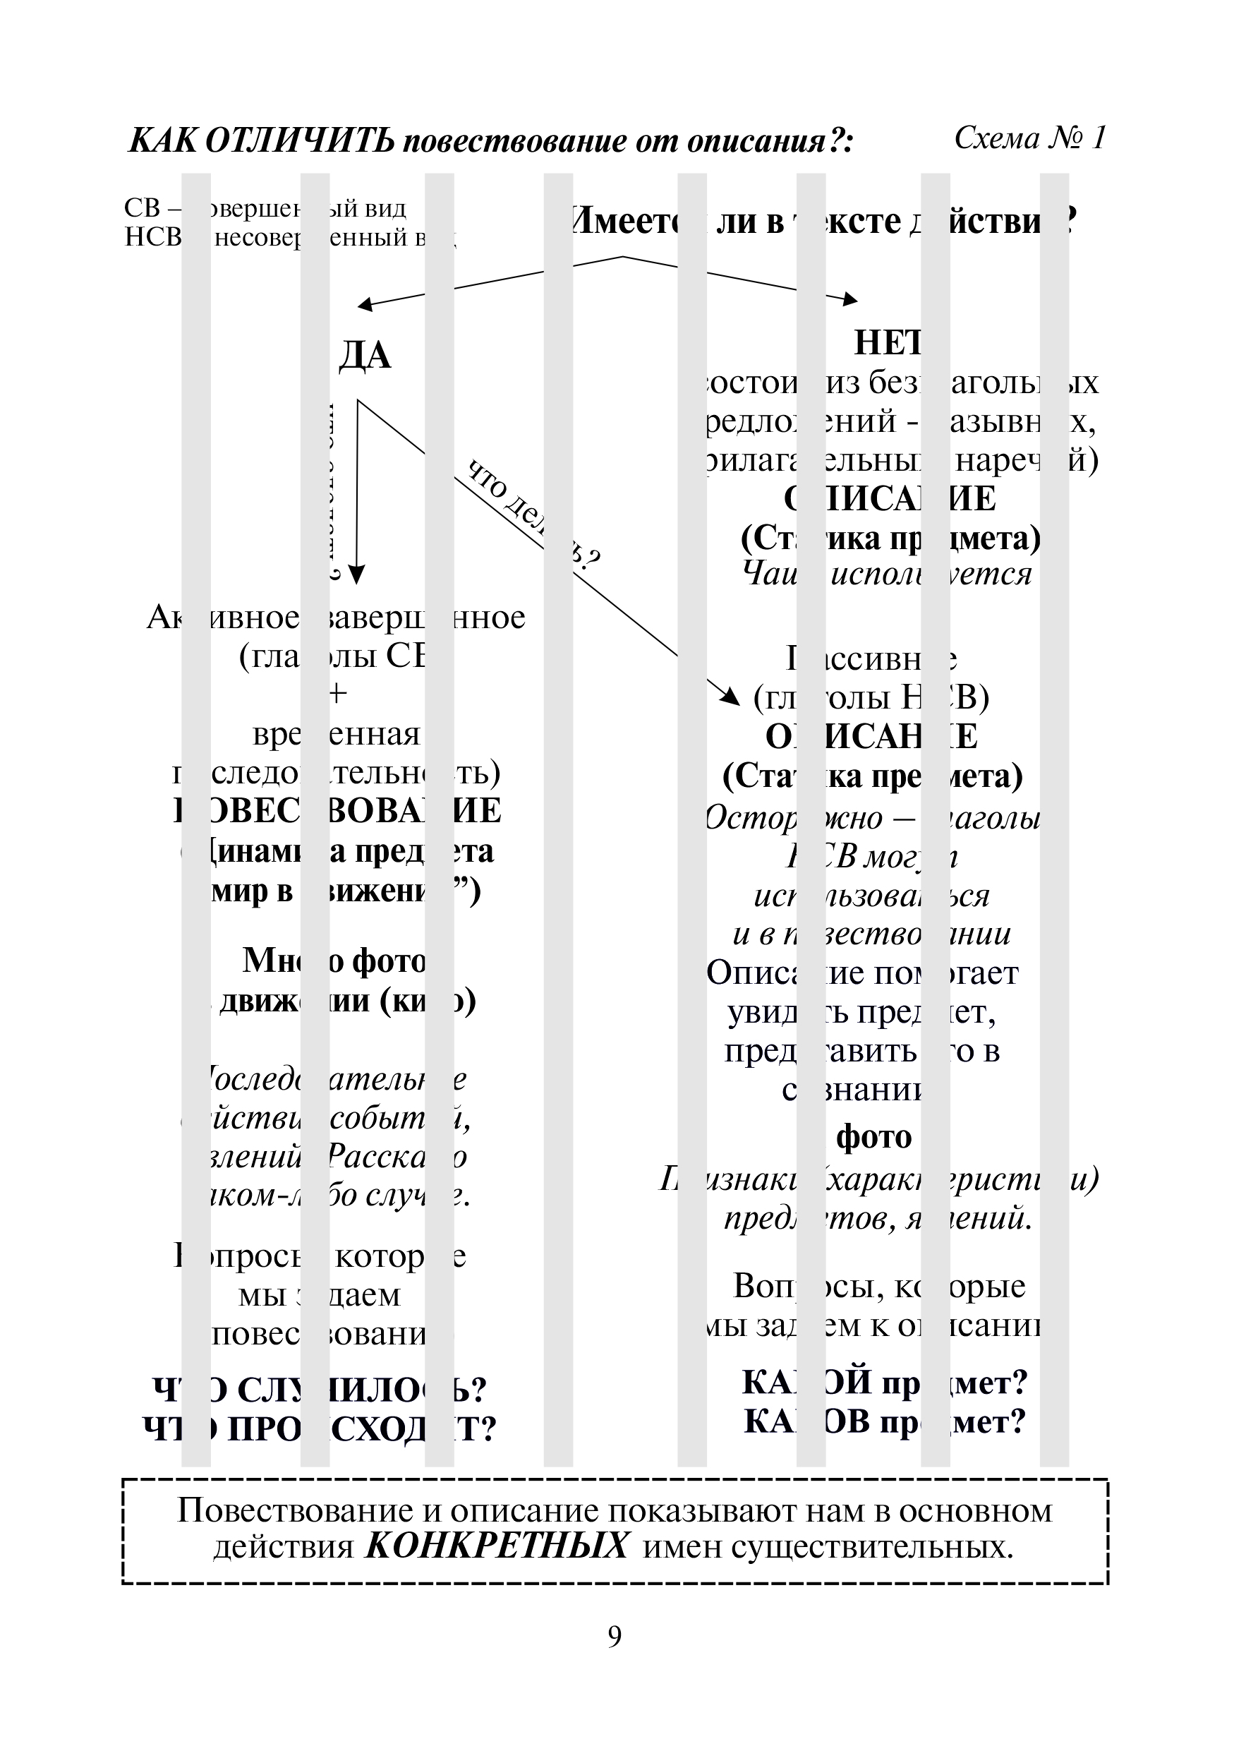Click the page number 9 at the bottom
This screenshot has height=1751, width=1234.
pos(615,1636)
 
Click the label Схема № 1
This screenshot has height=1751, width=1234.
pos(1029,139)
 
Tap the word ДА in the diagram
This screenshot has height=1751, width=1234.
pos(365,356)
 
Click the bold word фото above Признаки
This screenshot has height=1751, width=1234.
pos(873,1137)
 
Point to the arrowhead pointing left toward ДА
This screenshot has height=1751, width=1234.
pos(365,305)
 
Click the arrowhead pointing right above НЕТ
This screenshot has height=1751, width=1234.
pos(851,300)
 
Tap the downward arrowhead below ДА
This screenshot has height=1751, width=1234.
pos(357,574)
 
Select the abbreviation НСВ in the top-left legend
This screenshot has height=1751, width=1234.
pos(152,238)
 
